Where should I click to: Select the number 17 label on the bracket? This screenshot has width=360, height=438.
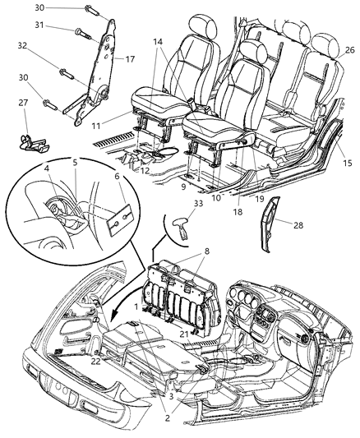[x=129, y=58]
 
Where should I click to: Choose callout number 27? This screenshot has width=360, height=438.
[x=23, y=125]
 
